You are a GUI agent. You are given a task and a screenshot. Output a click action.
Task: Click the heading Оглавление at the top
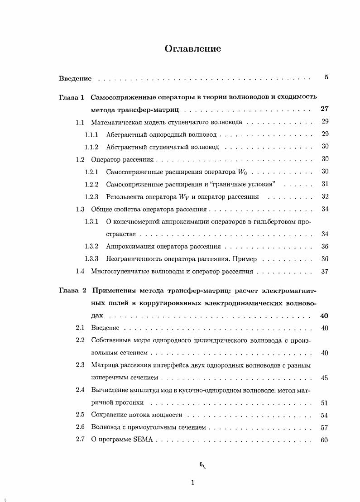tap(193, 49)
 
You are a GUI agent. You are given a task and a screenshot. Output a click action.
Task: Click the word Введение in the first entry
tap(75, 78)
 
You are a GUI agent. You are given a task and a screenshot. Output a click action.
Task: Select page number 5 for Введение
tap(326, 77)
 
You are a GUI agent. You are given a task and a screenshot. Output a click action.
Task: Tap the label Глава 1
tap(72, 97)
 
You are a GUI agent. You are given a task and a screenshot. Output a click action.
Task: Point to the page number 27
tap(324, 109)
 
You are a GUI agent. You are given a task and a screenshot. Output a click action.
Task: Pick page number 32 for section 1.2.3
tap(324, 196)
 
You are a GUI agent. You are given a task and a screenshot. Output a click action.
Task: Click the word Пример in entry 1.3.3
tap(246, 259)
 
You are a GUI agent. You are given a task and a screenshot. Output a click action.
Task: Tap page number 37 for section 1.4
tap(324, 272)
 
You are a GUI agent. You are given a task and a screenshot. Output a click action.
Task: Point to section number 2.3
tap(80, 365)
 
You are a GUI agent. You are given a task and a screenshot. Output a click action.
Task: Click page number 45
tap(324, 378)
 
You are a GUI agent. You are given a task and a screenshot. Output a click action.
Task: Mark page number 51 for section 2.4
tap(324, 403)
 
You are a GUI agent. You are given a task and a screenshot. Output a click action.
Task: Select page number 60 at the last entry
tap(324, 440)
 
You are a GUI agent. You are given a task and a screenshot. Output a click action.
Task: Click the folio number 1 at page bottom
tap(192, 483)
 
